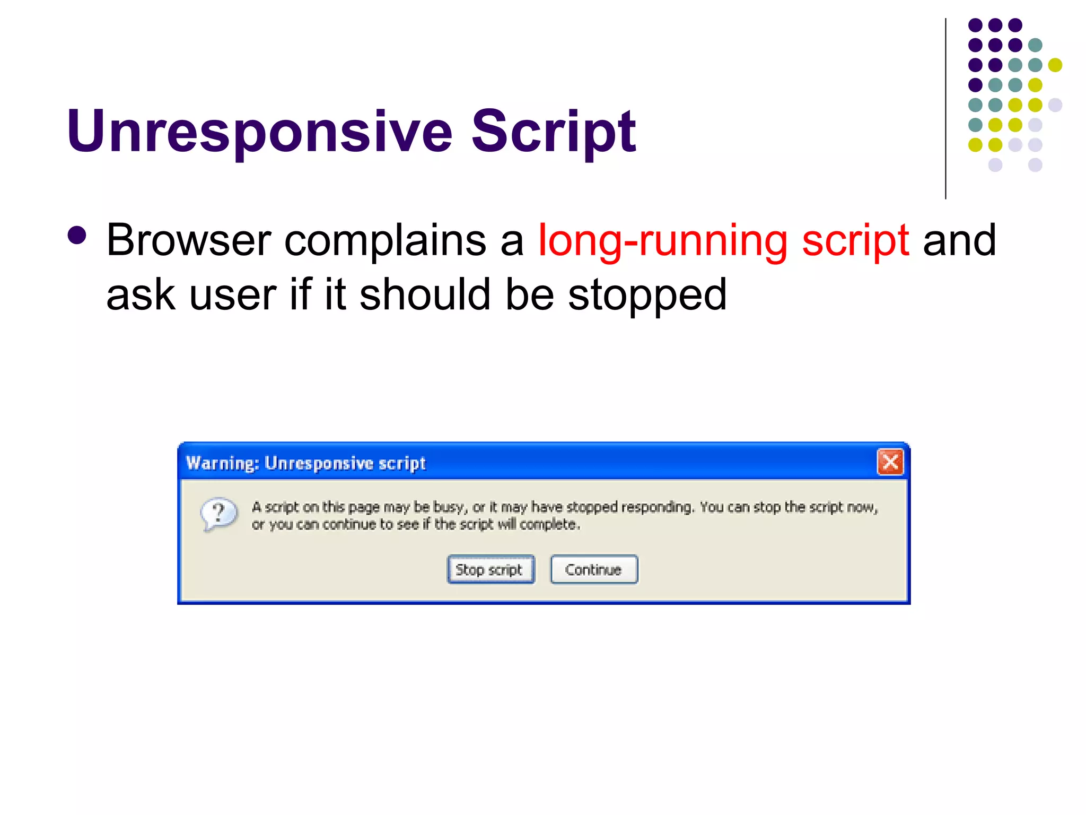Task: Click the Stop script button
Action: click(491, 569)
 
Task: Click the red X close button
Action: click(890, 462)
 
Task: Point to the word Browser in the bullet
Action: click(188, 240)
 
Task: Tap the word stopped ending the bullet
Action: click(647, 296)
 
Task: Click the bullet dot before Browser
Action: click(77, 236)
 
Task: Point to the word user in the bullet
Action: click(232, 296)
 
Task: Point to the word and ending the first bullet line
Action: click(959, 240)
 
